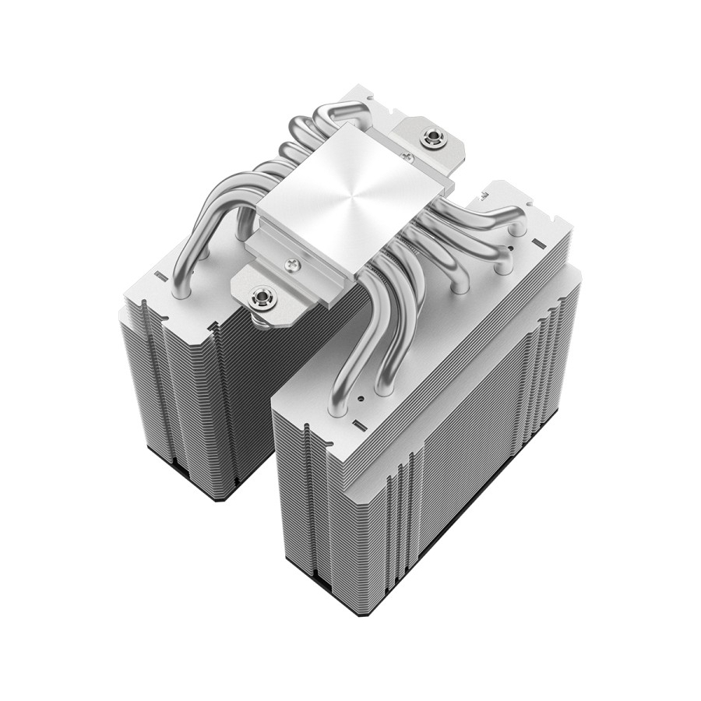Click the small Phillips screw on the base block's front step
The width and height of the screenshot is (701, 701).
[293, 262]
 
